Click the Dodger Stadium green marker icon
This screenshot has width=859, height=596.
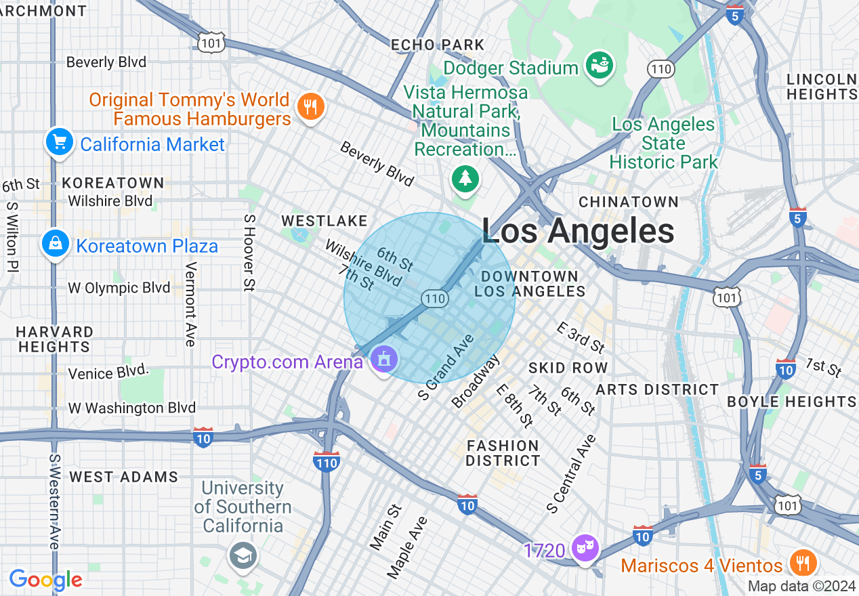click(x=600, y=67)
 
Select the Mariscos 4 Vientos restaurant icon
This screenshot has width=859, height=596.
click(x=803, y=563)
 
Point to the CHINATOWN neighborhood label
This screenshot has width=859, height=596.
click(x=629, y=202)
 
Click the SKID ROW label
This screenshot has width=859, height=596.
click(x=568, y=368)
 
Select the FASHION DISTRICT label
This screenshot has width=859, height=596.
click(x=503, y=453)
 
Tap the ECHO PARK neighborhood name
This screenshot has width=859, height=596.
click(x=438, y=45)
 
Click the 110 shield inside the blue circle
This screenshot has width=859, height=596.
click(x=434, y=298)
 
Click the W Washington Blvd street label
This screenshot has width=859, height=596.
click(x=131, y=408)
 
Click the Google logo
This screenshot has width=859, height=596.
click(x=45, y=580)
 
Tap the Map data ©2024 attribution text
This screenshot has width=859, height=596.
click(x=801, y=586)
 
